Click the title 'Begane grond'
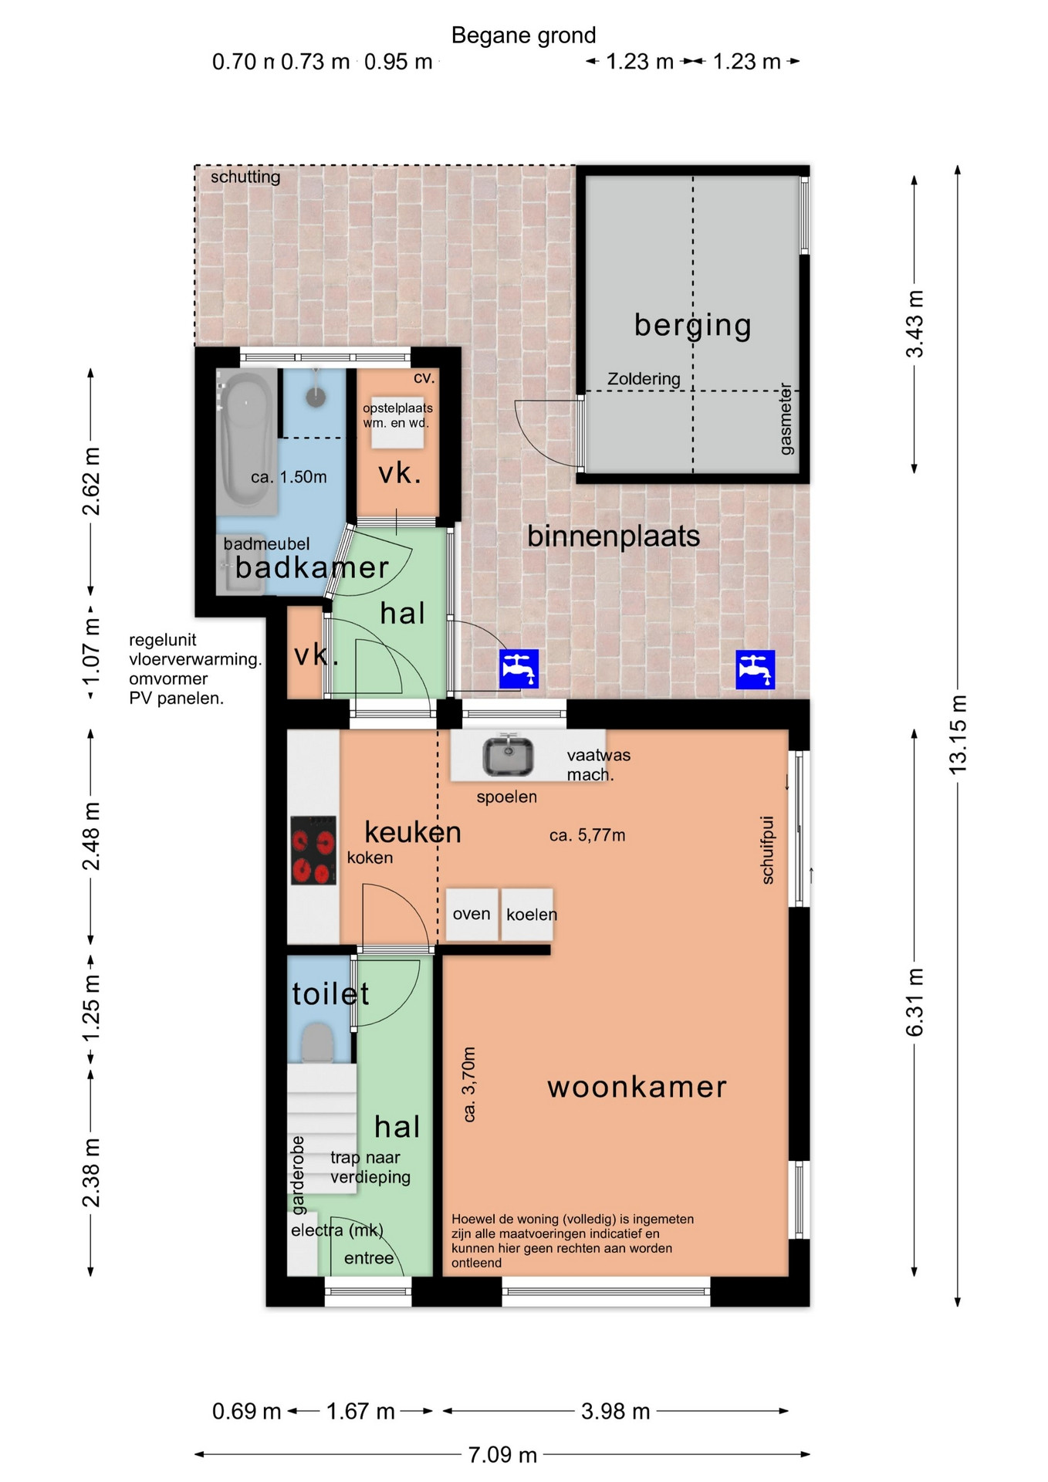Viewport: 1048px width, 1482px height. pyautogui.click(x=523, y=36)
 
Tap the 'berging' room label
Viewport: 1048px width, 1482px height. pyautogui.click(x=692, y=325)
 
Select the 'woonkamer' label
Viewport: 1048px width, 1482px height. pyautogui.click(x=637, y=1087)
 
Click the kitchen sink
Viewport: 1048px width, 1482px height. pyautogui.click(x=508, y=756)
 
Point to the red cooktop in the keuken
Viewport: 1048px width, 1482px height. pyautogui.click(x=313, y=851)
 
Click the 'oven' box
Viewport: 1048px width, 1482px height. pyautogui.click(x=472, y=914)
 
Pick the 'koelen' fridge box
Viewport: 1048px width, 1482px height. pyautogui.click(x=528, y=914)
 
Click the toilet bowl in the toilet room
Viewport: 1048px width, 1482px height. pyautogui.click(x=317, y=1042)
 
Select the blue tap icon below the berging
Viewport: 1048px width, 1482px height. pyautogui.click(x=755, y=669)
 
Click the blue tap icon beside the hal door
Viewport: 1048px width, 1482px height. pyautogui.click(x=519, y=668)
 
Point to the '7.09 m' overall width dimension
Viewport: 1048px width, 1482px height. pyautogui.click(x=502, y=1454)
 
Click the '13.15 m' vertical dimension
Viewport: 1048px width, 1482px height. pyautogui.click(x=957, y=735)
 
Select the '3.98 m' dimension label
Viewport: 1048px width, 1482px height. pyautogui.click(x=615, y=1411)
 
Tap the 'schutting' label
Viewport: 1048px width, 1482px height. pyautogui.click(x=245, y=177)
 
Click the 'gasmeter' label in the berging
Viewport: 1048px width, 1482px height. pyautogui.click(x=786, y=419)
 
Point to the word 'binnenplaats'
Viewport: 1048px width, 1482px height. pyautogui.click(x=614, y=536)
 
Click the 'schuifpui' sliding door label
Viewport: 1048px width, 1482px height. pyautogui.click(x=767, y=850)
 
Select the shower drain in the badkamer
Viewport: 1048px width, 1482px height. pyautogui.click(x=316, y=396)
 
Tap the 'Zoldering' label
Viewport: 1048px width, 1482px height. pyautogui.click(x=644, y=379)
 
